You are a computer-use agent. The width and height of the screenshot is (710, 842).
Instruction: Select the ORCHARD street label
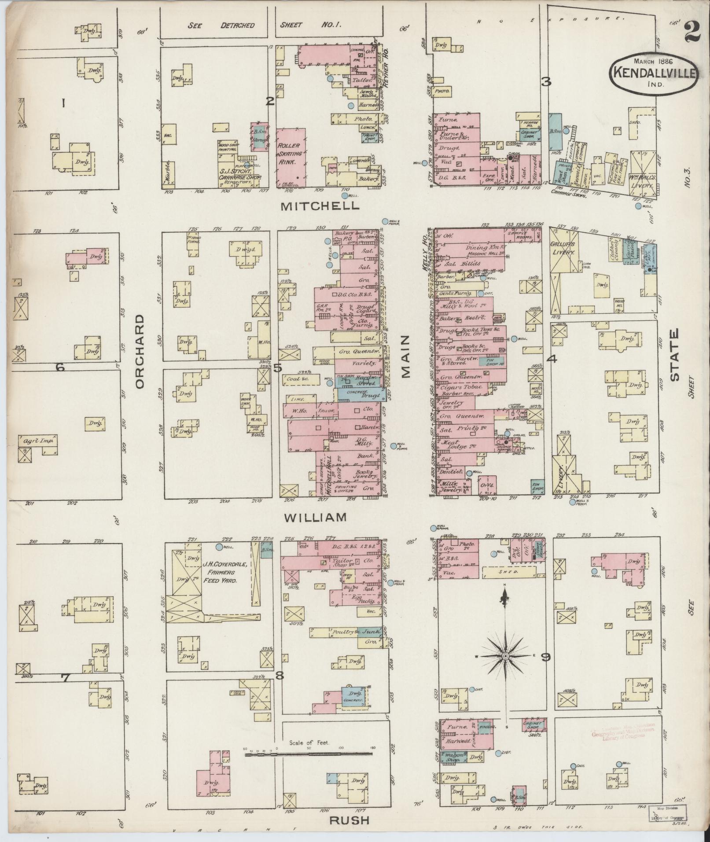coord(140,352)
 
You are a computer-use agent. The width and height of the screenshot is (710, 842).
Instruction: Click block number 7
coord(66,690)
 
